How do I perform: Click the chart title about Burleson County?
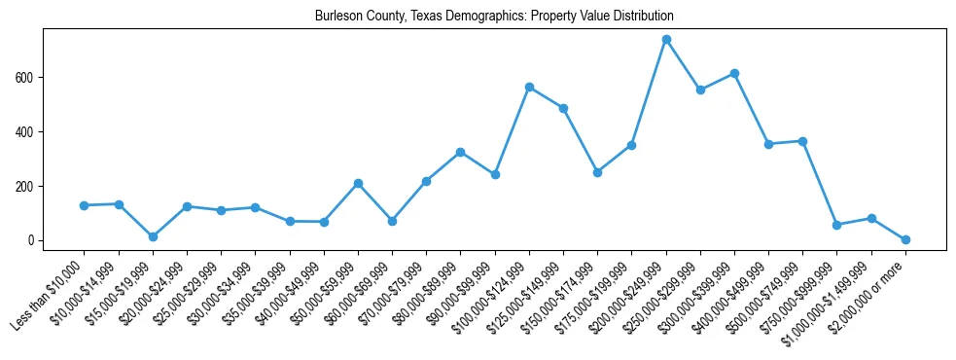tap(494, 17)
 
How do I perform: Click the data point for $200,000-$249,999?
tap(666, 40)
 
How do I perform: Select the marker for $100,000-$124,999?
tap(529, 87)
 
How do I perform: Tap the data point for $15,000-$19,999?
tap(153, 236)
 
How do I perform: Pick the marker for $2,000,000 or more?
tap(905, 239)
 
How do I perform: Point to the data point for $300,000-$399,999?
tap(734, 73)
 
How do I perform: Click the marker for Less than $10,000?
tap(85, 205)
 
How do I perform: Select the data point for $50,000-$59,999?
tap(358, 183)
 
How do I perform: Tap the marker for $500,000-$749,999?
tap(802, 141)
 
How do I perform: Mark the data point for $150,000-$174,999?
tap(597, 172)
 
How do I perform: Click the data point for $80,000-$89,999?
tap(460, 152)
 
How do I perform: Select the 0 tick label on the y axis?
tap(32, 240)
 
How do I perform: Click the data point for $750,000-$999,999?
tap(836, 225)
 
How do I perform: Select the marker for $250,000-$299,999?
tap(700, 90)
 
